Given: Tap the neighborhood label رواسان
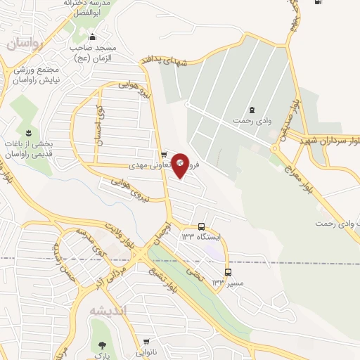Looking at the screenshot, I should [26, 44].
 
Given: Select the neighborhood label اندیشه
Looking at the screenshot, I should [108, 310].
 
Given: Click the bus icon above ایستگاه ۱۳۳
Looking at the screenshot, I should [202, 226].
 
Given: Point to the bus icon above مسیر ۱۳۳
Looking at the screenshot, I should [227, 272].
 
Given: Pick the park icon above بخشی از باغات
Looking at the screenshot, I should [29, 133].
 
